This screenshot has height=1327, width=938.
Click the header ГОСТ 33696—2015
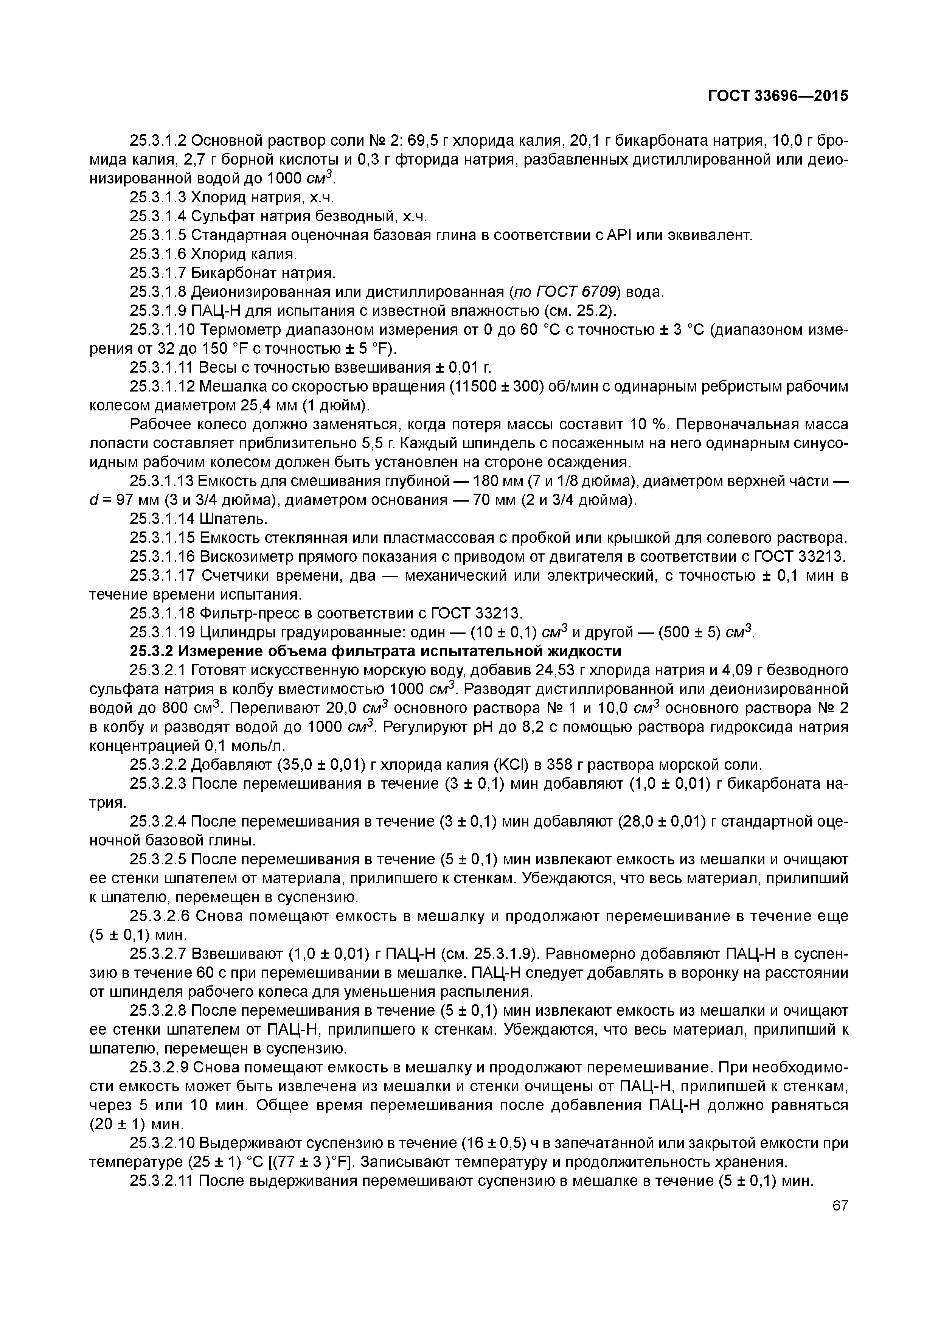pos(778,96)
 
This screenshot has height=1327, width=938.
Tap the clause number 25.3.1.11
pos(162,368)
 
